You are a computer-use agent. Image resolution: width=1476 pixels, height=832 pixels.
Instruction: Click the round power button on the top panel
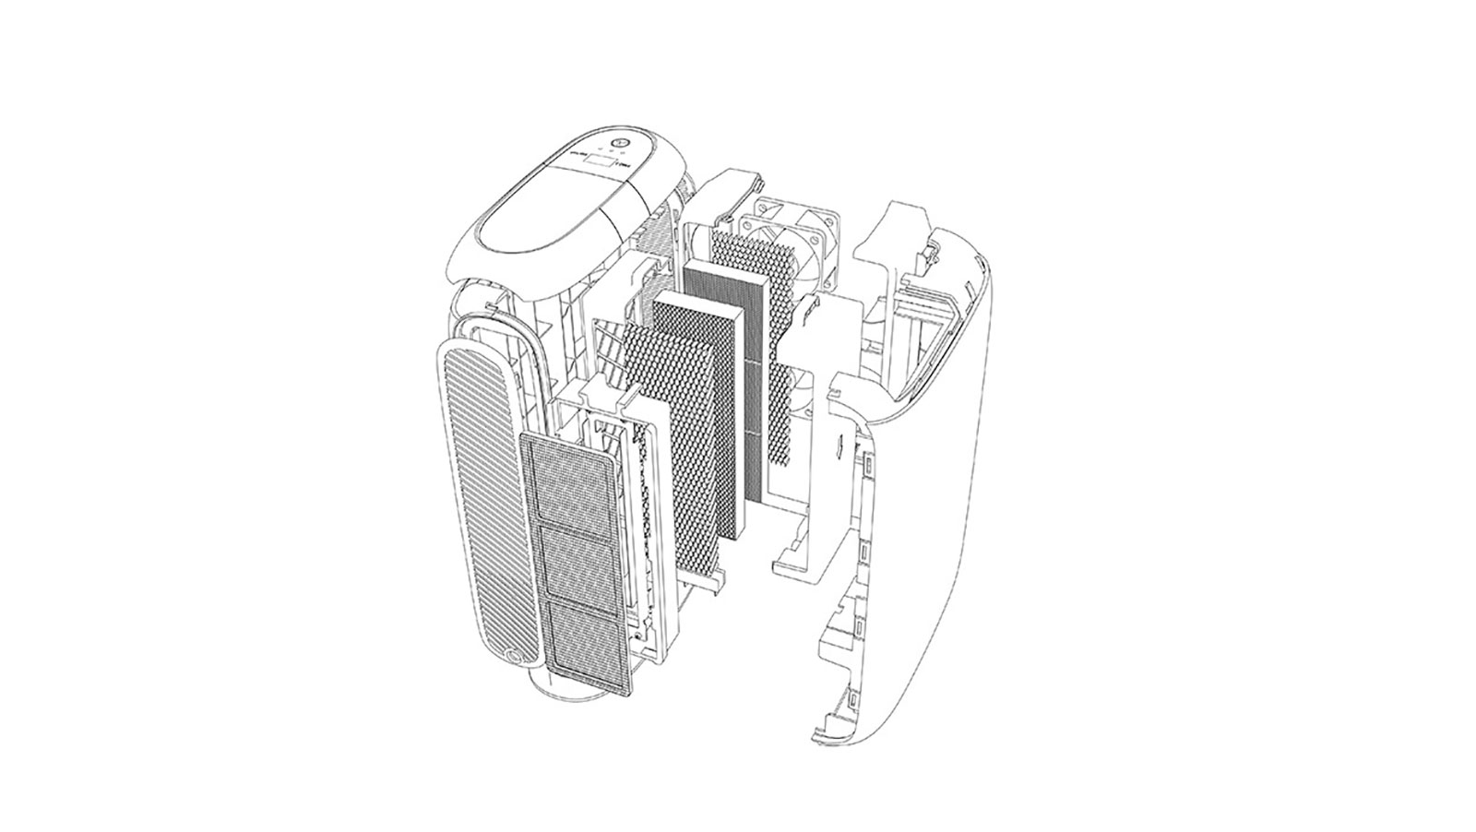[620, 145]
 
